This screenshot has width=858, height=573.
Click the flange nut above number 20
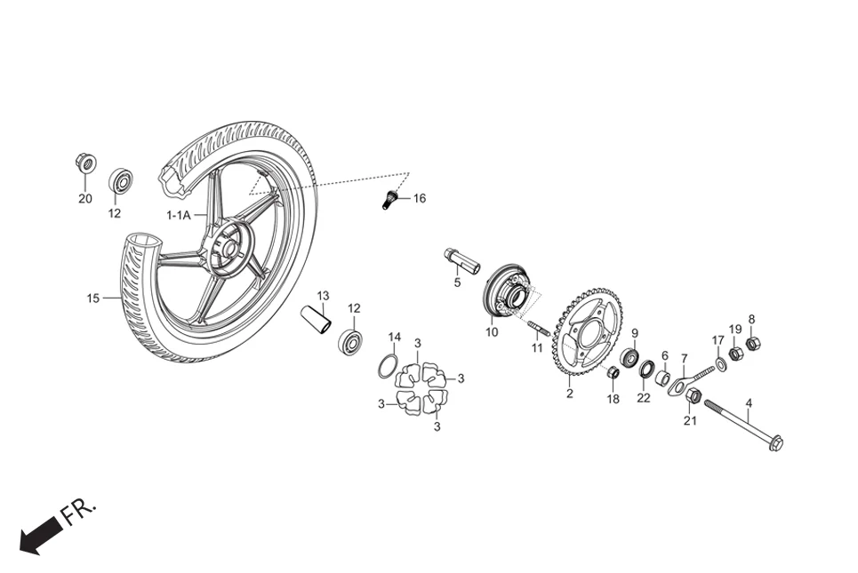85,163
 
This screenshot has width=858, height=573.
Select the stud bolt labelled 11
539,328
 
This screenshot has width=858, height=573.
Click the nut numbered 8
752,343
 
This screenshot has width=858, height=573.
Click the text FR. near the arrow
80,513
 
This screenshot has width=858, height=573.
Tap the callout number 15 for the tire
93,298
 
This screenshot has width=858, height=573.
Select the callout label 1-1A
176,215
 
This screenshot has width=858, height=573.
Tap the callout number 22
644,398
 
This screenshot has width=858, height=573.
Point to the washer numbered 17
720,366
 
